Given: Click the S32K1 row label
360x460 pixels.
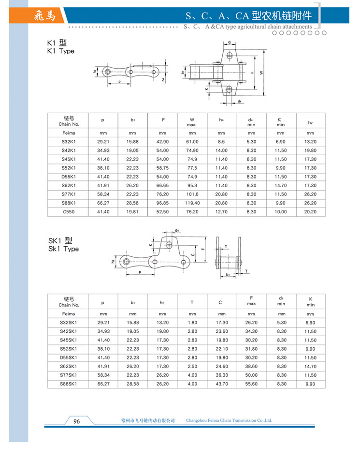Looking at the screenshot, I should point(68,142).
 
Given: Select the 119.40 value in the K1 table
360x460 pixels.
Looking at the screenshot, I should point(192,203).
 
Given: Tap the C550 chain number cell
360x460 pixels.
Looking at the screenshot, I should point(68,212).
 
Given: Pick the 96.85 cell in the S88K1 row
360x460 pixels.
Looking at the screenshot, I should point(162,203).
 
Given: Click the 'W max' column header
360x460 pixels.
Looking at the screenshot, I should point(192,121).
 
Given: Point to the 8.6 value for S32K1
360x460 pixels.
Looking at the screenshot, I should point(221,142).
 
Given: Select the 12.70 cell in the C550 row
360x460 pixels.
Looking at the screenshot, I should point(221,212).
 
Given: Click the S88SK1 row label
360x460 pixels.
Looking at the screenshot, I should point(68,384).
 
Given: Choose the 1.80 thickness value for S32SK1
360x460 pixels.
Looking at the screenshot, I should point(192,322).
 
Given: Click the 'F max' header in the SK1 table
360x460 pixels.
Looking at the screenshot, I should point(251,301).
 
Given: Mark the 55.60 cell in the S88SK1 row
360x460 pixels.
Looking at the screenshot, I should point(251,384).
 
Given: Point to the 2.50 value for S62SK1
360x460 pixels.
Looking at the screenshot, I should point(192,367).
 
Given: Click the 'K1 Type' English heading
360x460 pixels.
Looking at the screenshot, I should point(61,51).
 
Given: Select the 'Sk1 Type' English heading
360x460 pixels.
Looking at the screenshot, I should point(63,249).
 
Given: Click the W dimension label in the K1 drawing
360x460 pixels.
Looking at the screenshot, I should point(261,73).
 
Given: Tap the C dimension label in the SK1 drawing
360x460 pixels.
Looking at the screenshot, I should point(193,254).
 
